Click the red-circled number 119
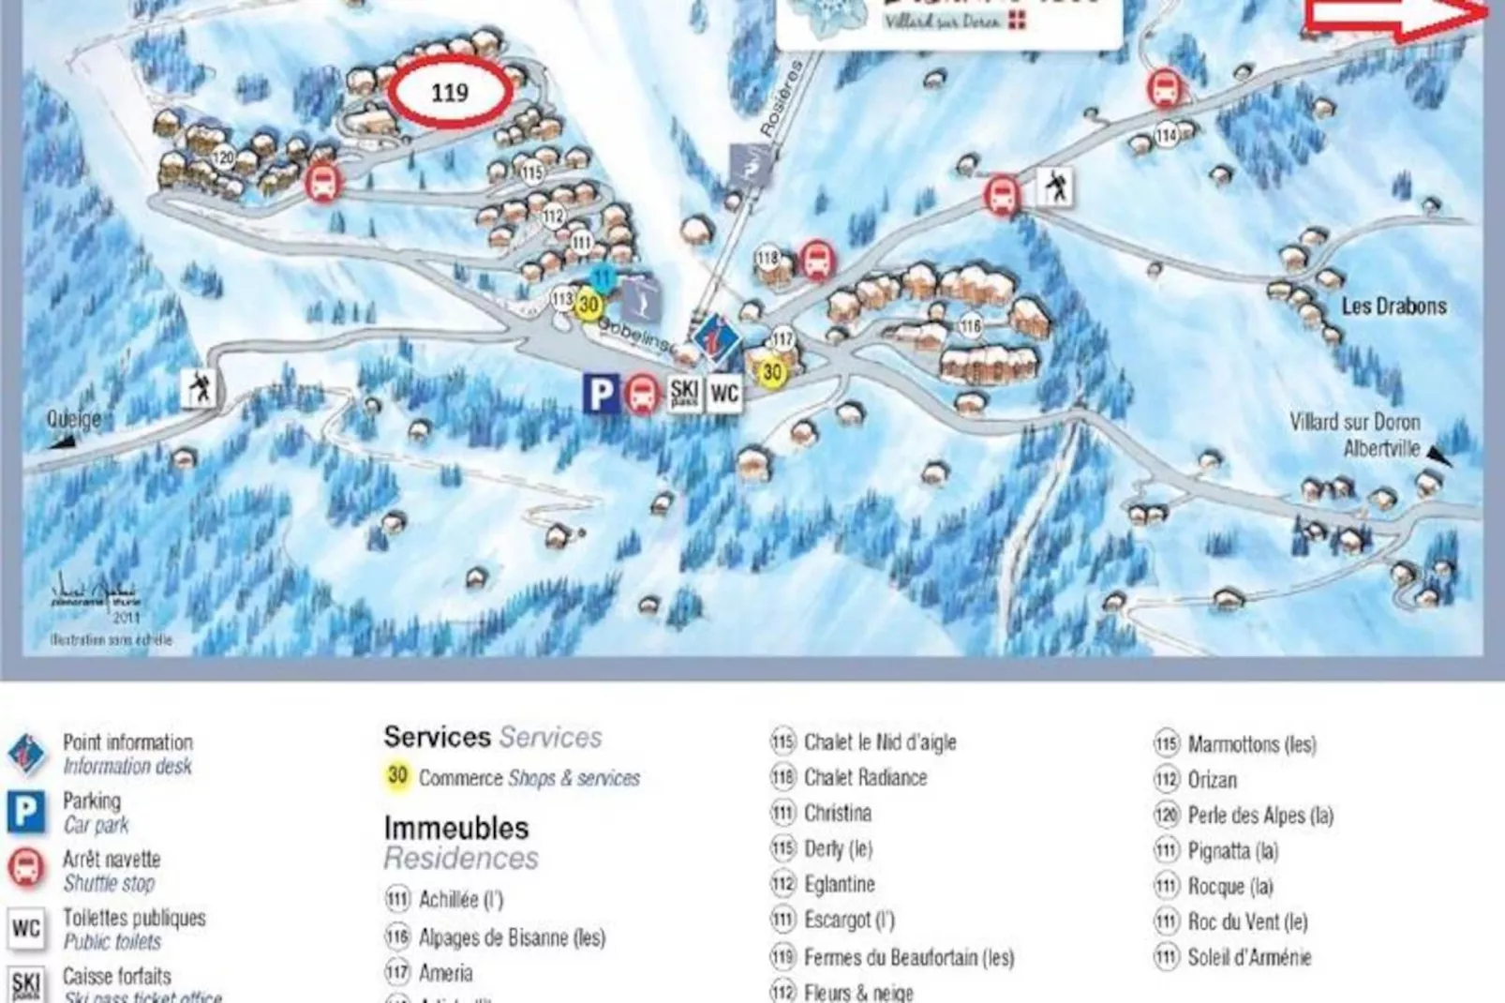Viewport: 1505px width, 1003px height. tap(450, 92)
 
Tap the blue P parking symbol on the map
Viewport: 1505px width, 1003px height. tap(601, 394)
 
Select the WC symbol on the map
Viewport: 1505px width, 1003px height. tap(724, 394)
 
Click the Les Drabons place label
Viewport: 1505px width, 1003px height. tap(1393, 307)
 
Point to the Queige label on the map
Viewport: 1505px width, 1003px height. tap(74, 419)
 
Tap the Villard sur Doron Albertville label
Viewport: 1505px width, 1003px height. tap(1355, 435)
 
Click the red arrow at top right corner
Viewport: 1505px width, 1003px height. tap(1396, 19)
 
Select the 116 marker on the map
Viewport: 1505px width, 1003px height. tap(971, 326)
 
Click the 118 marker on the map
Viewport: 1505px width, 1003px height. tap(767, 258)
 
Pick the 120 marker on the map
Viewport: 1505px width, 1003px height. tap(223, 157)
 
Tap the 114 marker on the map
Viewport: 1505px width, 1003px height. tap(1166, 136)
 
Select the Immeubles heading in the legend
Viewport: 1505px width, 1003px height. tap(456, 828)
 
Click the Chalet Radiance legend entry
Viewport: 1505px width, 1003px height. tap(864, 777)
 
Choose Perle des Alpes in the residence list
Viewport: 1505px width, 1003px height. tap(1259, 816)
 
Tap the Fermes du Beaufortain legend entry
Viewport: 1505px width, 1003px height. tap(908, 957)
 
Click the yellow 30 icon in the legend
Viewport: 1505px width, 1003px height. tap(397, 776)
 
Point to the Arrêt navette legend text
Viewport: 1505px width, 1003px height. tap(111, 859)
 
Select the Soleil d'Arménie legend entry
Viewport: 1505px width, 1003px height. tap(1248, 957)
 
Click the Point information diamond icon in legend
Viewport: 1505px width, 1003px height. tap(26, 754)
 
